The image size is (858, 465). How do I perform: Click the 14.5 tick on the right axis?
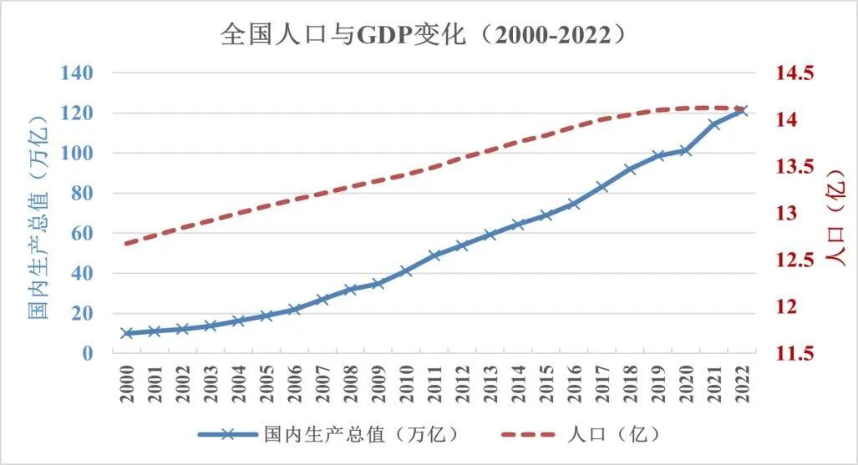pyautogui.click(x=794, y=73)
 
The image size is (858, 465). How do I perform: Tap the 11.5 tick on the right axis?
pyautogui.click(x=794, y=353)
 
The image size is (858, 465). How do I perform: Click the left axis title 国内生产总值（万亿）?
pyautogui.click(x=38, y=214)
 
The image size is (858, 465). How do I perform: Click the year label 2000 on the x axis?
pyautogui.click(x=127, y=383)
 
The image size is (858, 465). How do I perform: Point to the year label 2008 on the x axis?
pyautogui.click(x=350, y=383)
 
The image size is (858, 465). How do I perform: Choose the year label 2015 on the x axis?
pyautogui.click(x=546, y=383)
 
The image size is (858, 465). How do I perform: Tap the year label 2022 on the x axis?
pyautogui.click(x=742, y=383)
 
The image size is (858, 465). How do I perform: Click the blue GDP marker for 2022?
pyautogui.click(x=742, y=110)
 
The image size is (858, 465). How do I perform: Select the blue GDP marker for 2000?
pyautogui.click(x=127, y=333)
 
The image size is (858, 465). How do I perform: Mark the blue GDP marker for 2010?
pyautogui.click(x=406, y=270)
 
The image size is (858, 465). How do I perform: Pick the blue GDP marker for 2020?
pyautogui.click(x=686, y=150)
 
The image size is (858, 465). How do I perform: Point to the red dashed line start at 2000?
pyautogui.click(x=127, y=243)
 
